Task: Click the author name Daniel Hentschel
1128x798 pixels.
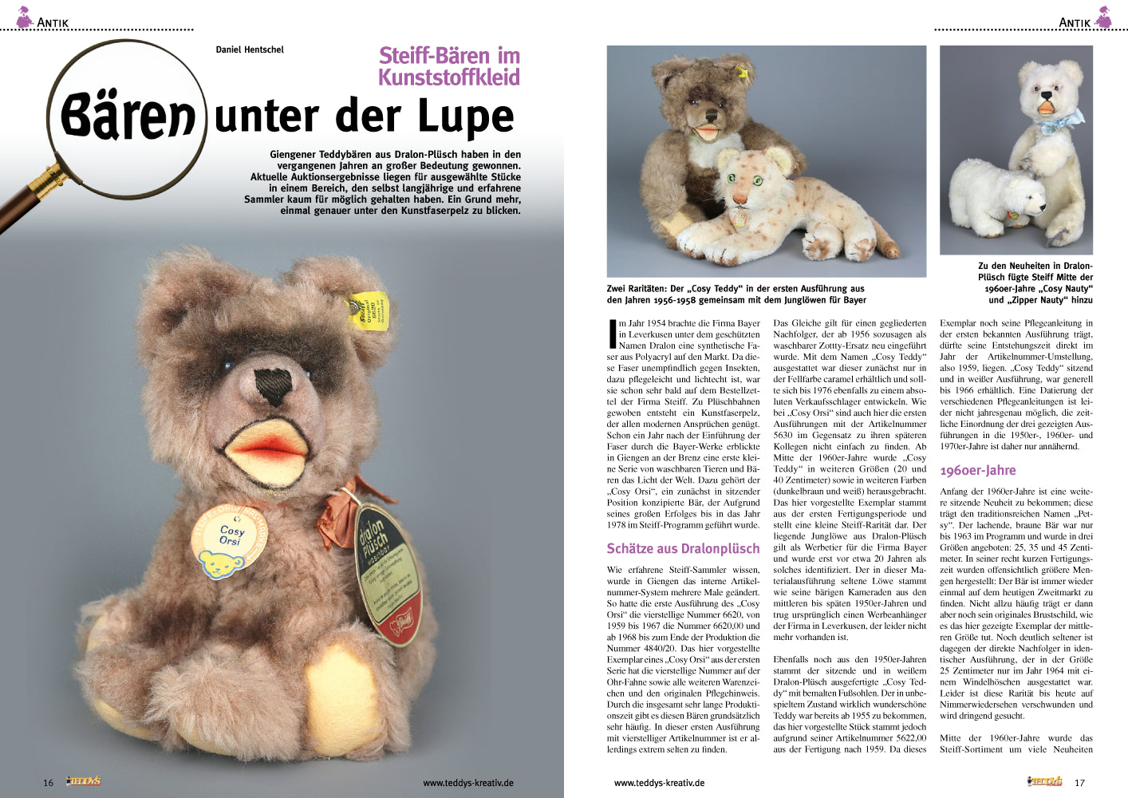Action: coord(250,49)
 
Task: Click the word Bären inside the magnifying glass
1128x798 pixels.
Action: coord(128,116)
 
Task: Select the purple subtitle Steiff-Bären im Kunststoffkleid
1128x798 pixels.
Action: coord(449,66)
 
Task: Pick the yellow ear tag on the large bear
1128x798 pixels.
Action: coord(368,312)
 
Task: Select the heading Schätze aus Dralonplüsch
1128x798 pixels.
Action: coord(683,548)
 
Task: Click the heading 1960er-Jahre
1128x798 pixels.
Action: coord(978,471)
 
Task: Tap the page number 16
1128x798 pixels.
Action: coord(48,783)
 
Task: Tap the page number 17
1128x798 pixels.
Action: coord(1079,783)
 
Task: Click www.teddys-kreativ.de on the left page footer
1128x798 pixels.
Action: coord(467,783)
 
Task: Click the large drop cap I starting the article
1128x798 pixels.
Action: coord(611,334)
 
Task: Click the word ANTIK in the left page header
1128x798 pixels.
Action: coord(53,22)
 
